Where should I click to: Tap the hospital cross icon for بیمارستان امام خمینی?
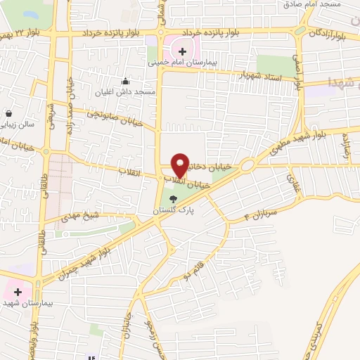(x=182, y=51)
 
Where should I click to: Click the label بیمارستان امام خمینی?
(x=183, y=63)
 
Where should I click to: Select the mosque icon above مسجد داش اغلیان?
(x=126, y=80)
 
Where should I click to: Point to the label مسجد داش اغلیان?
(x=126, y=91)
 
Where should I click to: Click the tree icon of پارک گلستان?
(x=173, y=199)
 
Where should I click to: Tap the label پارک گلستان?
(x=173, y=210)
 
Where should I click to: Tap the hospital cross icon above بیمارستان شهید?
(x=18, y=291)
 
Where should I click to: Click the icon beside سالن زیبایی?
(x=8, y=112)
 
